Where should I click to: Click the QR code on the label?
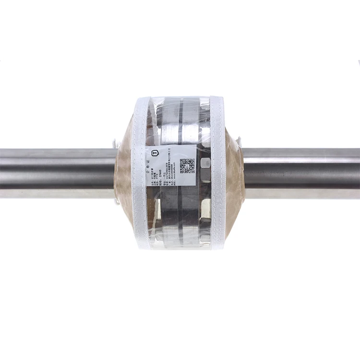click(187, 166)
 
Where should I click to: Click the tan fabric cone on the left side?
click(123, 173)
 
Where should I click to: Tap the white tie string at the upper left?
click(115, 143)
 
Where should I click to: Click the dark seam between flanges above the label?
click(180, 122)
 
